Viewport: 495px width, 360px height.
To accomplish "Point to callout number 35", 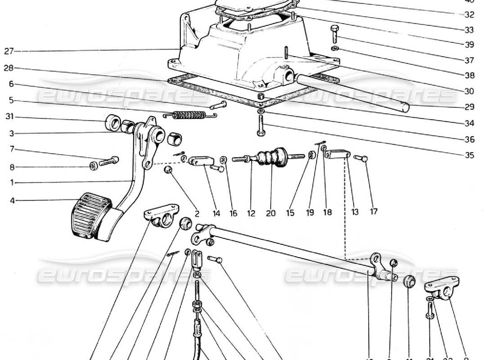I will (x=469, y=156).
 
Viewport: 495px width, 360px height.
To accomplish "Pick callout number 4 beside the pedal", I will (x=12, y=200).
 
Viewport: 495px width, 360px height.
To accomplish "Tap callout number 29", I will (x=469, y=107).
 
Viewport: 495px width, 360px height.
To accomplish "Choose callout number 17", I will (x=373, y=211).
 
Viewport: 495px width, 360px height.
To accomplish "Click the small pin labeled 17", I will (x=361, y=158).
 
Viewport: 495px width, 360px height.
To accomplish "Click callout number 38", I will (x=469, y=76).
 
